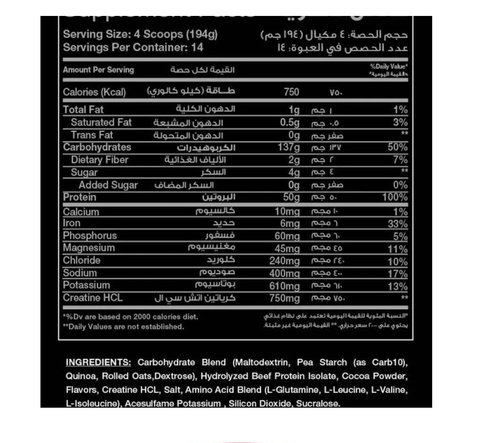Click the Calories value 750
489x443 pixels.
pos(291,92)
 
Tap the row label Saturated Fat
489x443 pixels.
pos(101,123)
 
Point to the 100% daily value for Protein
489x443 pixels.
pos(395,198)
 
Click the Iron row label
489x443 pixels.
pos(71,223)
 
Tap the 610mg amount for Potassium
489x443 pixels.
pos(287,286)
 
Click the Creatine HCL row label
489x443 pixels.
pos(93,298)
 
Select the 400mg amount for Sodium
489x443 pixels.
pos(286,274)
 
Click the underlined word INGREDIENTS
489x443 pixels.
pos(99,362)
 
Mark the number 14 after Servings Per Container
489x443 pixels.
pos(197,47)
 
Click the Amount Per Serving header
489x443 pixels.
pos(99,70)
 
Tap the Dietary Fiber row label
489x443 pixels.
pos(99,160)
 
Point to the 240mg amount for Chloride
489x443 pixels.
pos(287,261)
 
